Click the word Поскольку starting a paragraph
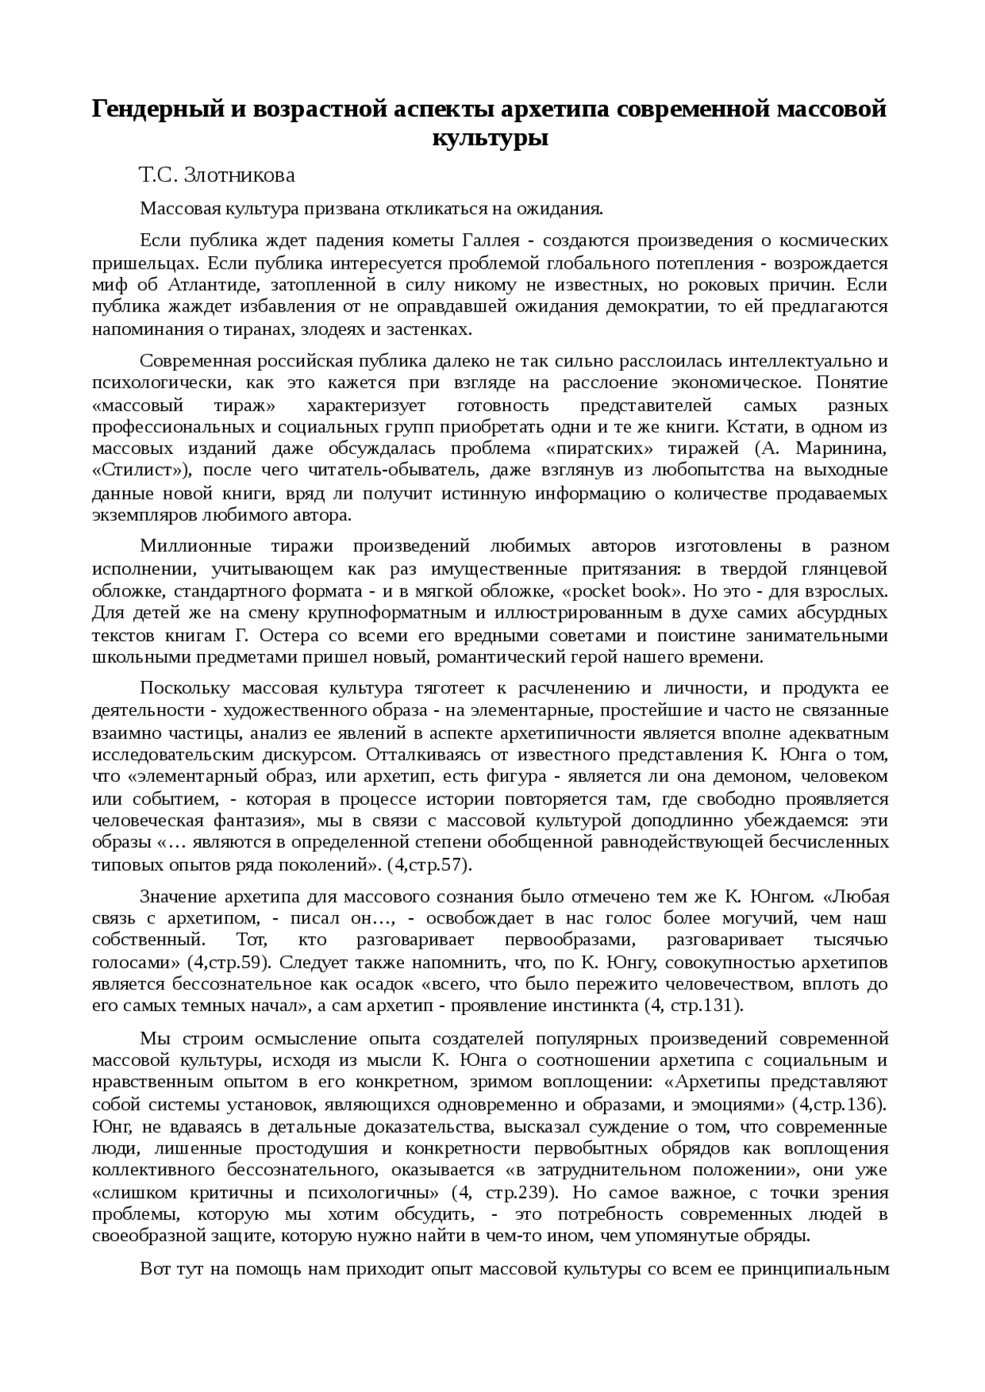coord(185,688)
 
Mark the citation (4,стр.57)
coord(429,864)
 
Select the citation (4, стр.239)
coord(504,1193)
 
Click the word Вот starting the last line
coord(155,1269)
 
